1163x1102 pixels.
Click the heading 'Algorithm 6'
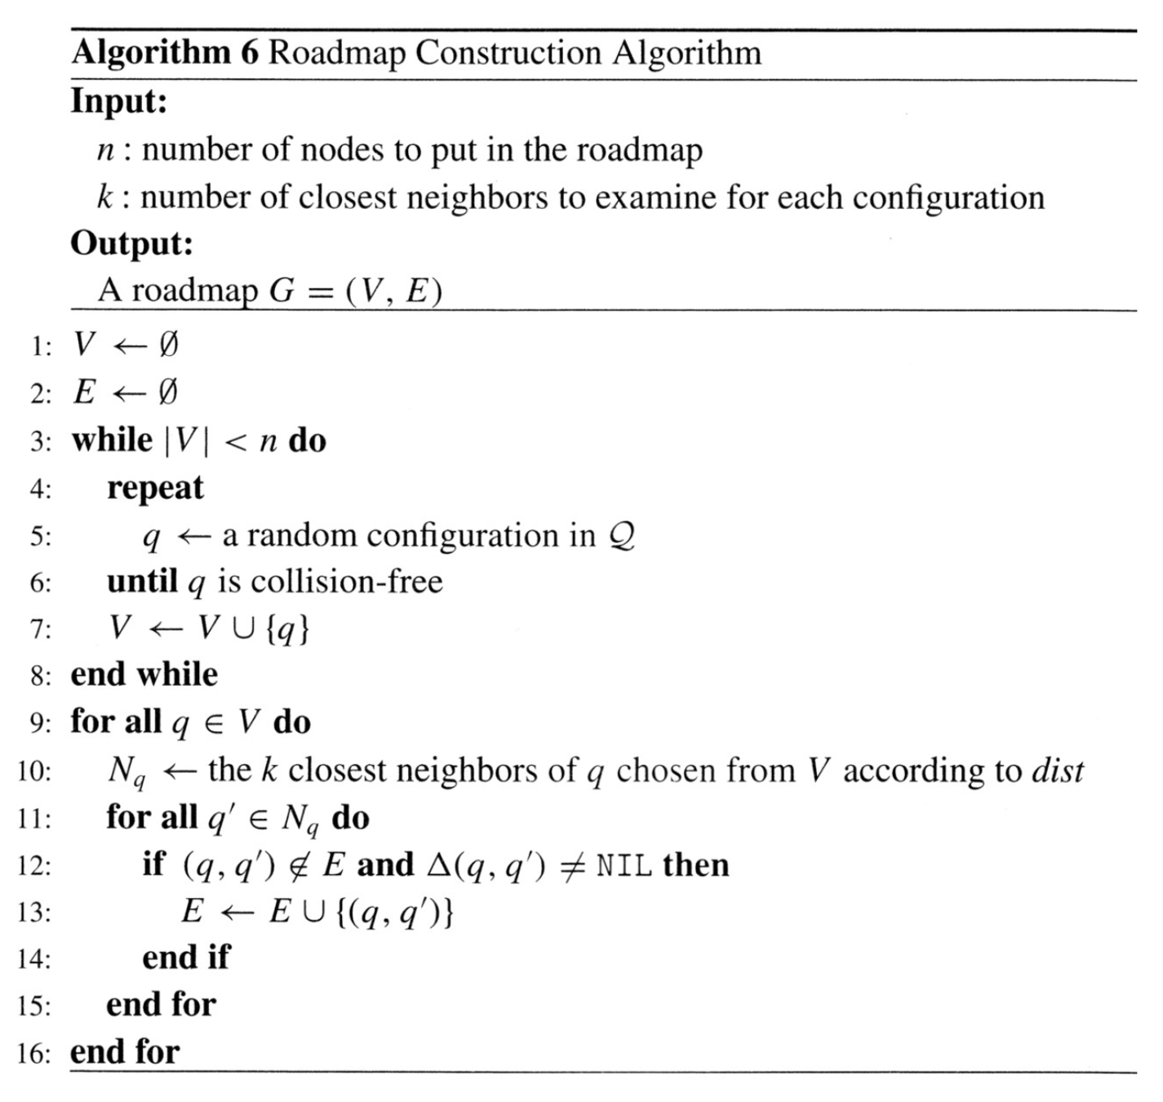click(165, 53)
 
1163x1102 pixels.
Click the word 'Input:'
click(119, 101)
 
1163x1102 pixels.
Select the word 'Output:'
click(131, 243)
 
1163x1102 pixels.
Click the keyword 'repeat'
click(155, 488)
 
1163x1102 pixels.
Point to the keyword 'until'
click(142, 582)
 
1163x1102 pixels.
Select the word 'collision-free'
click(347, 582)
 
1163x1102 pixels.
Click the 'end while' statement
click(144, 675)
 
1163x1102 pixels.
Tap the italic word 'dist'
click(1058, 771)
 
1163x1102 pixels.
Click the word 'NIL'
click(624, 865)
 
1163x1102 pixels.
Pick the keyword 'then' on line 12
click(696, 864)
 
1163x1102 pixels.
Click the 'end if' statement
click(186, 958)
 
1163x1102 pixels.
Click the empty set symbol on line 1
click(167, 345)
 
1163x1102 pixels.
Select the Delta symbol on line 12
click(439, 864)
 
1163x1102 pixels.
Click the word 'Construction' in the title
click(508, 53)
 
